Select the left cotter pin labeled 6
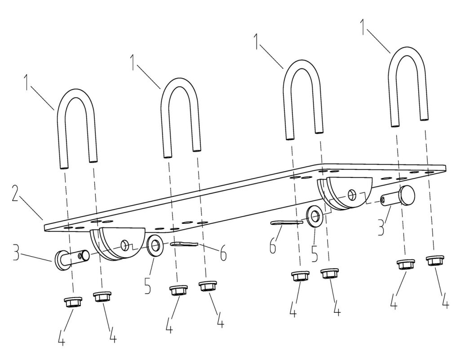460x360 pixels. click(184, 244)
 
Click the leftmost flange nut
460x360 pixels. click(73, 302)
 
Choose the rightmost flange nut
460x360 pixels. click(435, 261)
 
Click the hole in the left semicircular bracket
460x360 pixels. click(125, 245)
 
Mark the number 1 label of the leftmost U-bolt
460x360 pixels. click(27, 83)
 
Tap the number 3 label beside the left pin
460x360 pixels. click(17, 253)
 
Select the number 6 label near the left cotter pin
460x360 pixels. click(224, 254)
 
